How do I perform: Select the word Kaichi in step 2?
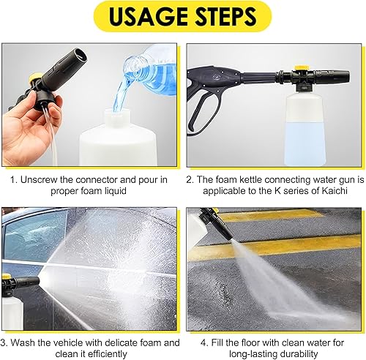point(335,191)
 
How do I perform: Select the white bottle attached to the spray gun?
point(305,129)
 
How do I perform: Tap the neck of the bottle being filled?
point(116,118)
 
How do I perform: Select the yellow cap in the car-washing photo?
point(7,277)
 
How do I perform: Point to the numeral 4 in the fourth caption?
point(203,342)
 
